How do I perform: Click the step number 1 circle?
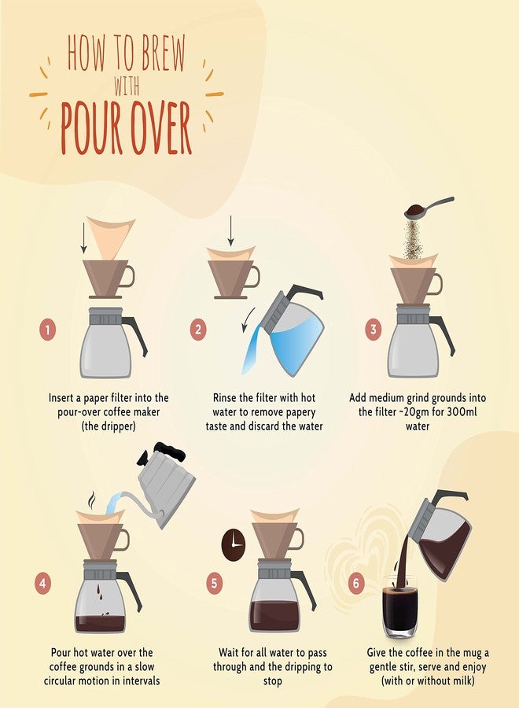(47, 330)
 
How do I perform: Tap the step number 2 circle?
(198, 330)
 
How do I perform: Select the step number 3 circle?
(374, 329)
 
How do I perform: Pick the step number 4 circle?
(42, 583)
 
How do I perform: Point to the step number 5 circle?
(214, 583)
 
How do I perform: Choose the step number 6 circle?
(355, 583)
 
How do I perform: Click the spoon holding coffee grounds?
(429, 208)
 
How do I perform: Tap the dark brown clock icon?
(234, 545)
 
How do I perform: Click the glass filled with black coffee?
(400, 607)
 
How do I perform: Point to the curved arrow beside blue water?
(248, 319)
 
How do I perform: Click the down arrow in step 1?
(83, 238)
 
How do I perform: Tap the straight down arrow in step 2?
(230, 230)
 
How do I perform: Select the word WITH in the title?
(127, 86)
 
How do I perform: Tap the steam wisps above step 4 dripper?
(92, 500)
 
